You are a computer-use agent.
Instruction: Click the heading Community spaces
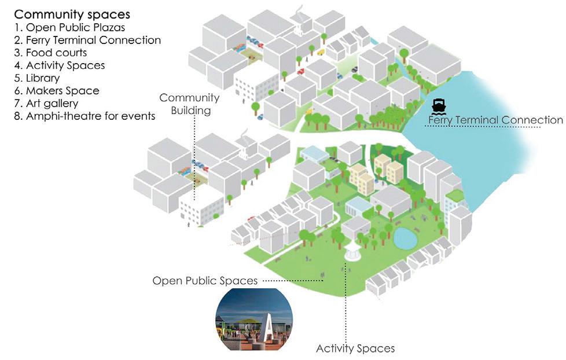point(72,14)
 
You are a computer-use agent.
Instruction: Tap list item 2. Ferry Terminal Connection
point(87,40)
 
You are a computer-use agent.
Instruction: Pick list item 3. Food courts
point(51,53)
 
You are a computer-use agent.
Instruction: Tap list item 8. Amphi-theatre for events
point(85,116)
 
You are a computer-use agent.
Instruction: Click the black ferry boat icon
point(439,106)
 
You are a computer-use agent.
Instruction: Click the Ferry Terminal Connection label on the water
point(495,120)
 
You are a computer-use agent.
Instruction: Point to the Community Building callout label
point(189,104)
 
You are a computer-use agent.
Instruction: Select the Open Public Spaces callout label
point(205,281)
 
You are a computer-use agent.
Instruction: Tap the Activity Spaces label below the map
point(355,348)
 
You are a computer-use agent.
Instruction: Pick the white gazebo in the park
point(351,251)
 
